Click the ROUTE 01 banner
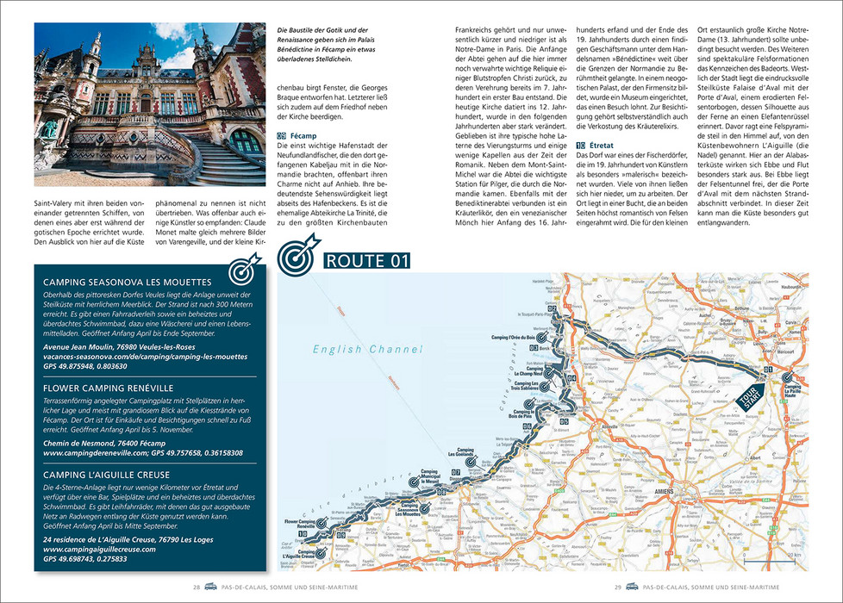point(361,261)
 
